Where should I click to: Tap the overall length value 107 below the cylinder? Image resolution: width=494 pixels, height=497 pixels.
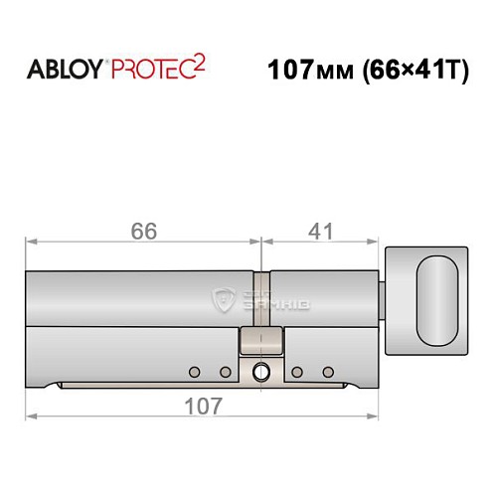tap(203, 405)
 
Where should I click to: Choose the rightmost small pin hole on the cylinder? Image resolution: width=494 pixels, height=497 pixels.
tap(327, 373)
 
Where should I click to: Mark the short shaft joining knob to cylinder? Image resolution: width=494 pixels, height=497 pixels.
tap(384, 298)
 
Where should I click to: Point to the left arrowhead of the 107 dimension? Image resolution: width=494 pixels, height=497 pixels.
tap(30, 415)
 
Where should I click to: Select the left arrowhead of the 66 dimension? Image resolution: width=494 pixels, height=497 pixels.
tap(30, 241)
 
